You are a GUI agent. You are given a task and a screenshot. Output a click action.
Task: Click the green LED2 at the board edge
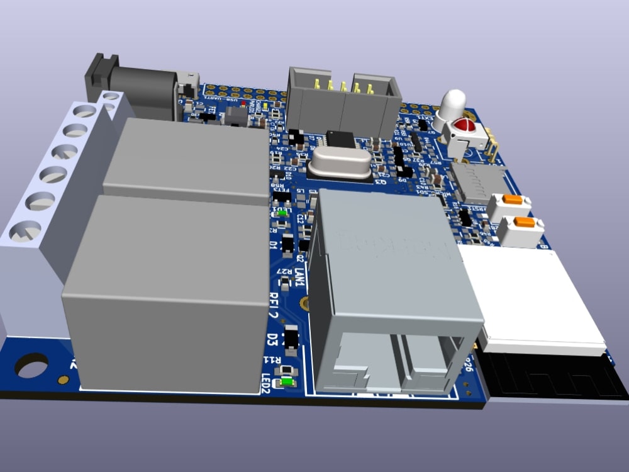tap(288, 381)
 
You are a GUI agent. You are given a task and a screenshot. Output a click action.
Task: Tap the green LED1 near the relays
tap(282, 213)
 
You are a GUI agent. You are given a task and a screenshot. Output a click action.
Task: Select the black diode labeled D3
tap(291, 339)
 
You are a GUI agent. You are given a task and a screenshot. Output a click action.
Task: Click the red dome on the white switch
tap(465, 125)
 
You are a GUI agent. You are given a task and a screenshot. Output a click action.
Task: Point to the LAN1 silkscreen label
tap(300, 277)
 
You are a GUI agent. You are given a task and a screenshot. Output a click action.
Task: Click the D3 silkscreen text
tap(272, 339)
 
